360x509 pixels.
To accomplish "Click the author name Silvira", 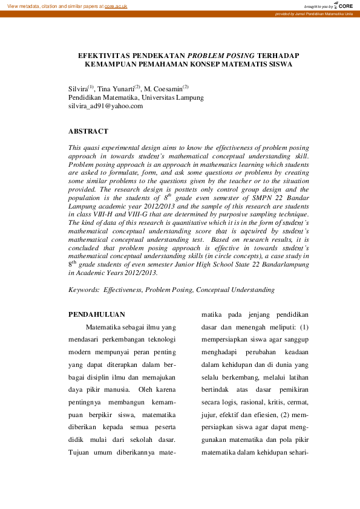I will point(78,88).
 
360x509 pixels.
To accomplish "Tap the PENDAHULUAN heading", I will point(96,314).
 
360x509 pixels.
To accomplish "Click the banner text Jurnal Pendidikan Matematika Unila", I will point(323,13).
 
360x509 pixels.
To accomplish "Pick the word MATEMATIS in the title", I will point(229,63).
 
